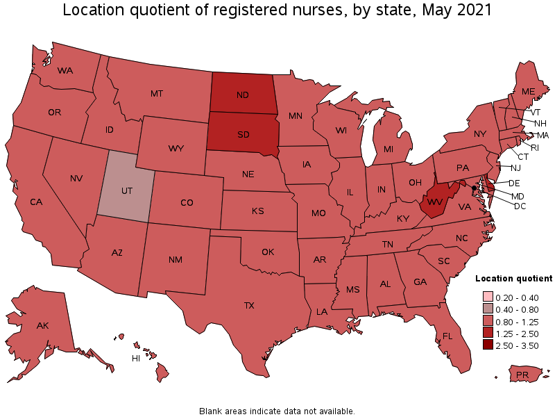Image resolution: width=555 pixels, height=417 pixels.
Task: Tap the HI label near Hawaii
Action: (137, 359)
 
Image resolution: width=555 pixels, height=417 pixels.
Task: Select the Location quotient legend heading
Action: (513, 278)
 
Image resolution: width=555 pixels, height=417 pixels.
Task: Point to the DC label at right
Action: (520, 206)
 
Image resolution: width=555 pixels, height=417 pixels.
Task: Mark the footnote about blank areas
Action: (277, 411)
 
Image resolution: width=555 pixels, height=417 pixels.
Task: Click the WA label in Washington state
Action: (65, 70)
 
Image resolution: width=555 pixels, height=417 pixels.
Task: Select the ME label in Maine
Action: (528, 91)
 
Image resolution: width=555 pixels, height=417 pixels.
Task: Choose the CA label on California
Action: (37, 202)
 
